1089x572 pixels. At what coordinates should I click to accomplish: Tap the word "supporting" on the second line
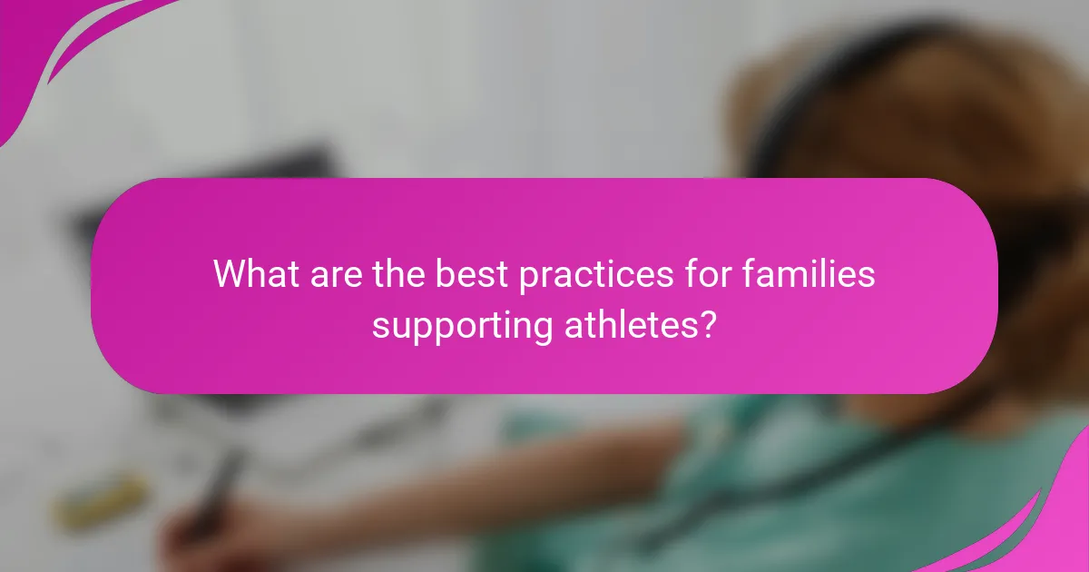461,325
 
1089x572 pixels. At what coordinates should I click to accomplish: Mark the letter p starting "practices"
527,278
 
